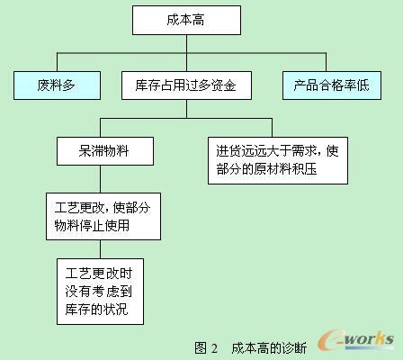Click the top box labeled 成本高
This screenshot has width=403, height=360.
[186, 21]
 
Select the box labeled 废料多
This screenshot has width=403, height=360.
[57, 85]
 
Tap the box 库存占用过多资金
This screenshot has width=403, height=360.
[186, 85]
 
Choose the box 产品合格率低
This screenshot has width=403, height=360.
[332, 85]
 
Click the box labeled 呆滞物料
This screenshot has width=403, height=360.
[105, 151]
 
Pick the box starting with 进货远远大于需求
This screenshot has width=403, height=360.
[278, 160]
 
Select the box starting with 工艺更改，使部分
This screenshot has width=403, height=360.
[103, 216]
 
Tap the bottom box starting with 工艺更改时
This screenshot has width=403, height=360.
[101, 292]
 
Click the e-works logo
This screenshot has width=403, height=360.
[356, 340]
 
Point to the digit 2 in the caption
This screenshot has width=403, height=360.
[214, 348]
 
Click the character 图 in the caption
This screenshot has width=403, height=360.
[201, 348]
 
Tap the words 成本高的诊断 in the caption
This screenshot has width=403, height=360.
[269, 348]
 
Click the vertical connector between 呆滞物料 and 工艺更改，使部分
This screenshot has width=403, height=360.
[101, 179]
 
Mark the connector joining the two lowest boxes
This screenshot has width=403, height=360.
[101, 249]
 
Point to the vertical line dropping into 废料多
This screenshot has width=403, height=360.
[57, 62]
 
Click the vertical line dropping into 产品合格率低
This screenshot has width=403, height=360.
[326, 62]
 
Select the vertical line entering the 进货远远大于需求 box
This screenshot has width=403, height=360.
[272, 128]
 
